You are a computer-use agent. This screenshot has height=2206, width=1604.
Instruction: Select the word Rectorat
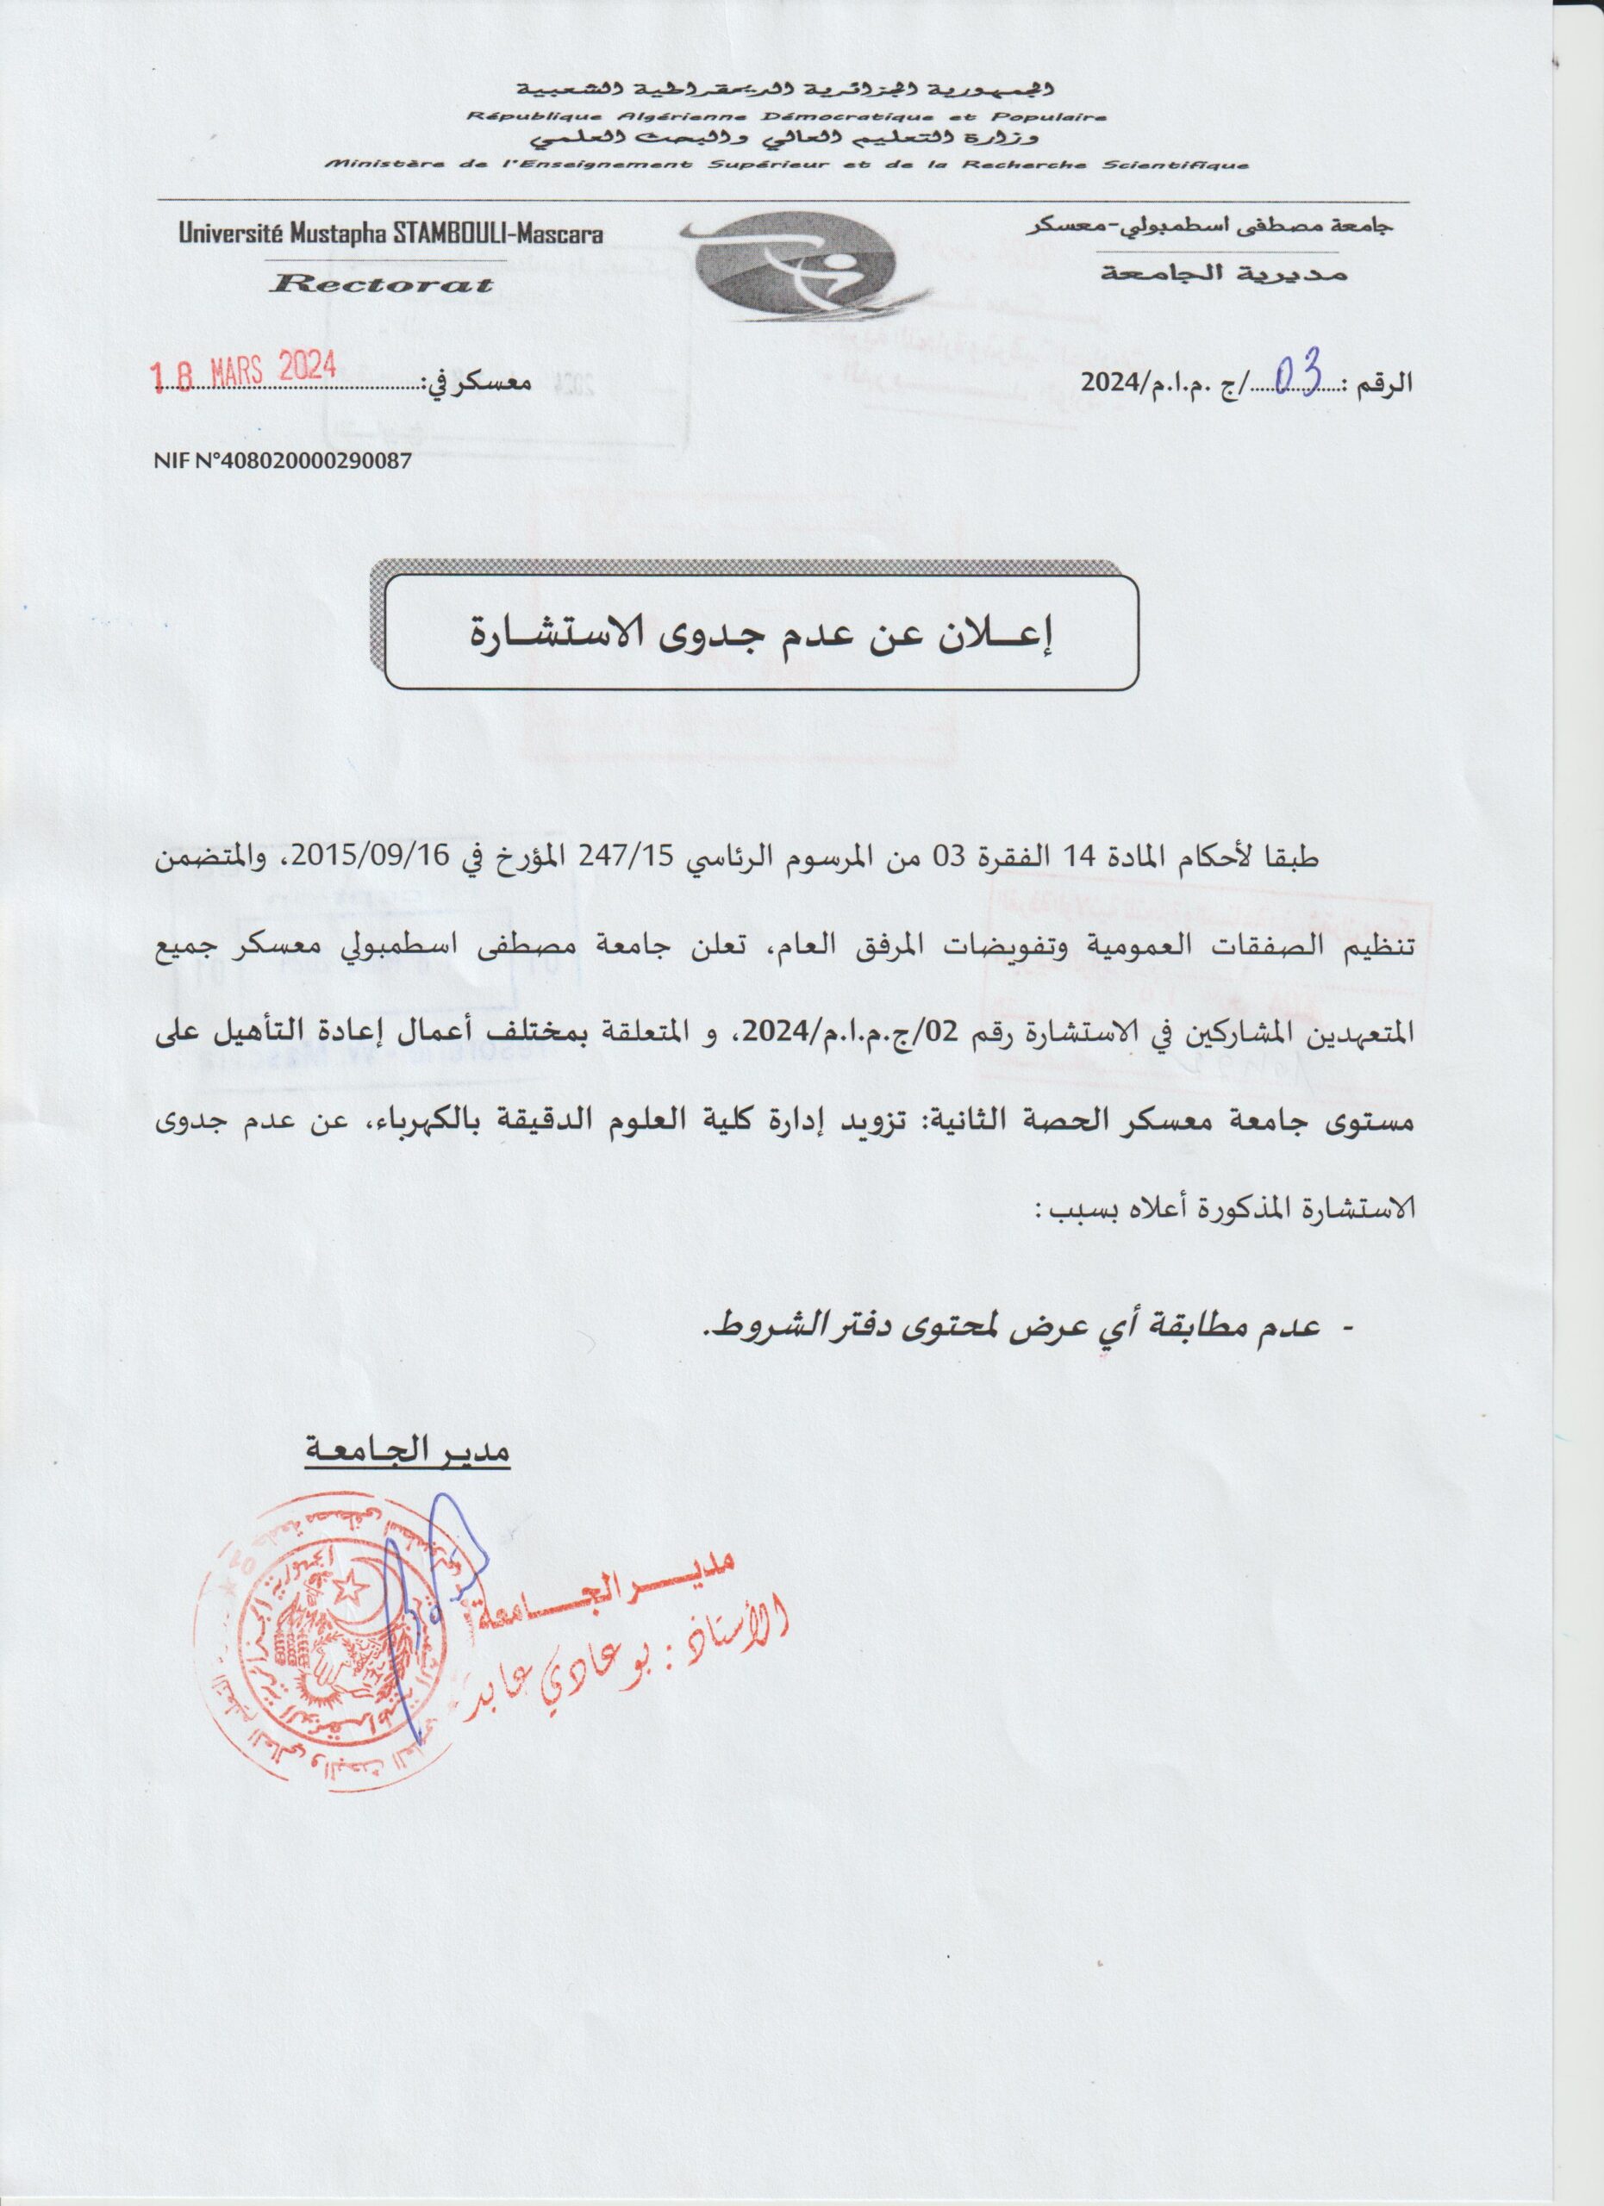(383, 284)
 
